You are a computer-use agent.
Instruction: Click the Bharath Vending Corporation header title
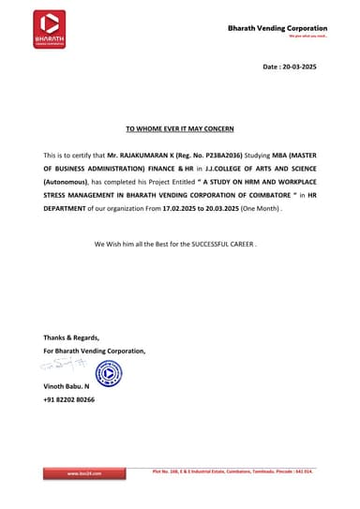click(277, 29)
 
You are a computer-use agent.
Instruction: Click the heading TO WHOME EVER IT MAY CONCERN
click(179, 127)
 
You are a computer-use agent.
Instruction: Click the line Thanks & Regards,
click(71, 337)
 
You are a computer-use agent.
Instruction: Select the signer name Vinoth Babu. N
click(67, 386)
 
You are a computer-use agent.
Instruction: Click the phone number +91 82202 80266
click(68, 399)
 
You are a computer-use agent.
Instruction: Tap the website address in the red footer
click(83, 474)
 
